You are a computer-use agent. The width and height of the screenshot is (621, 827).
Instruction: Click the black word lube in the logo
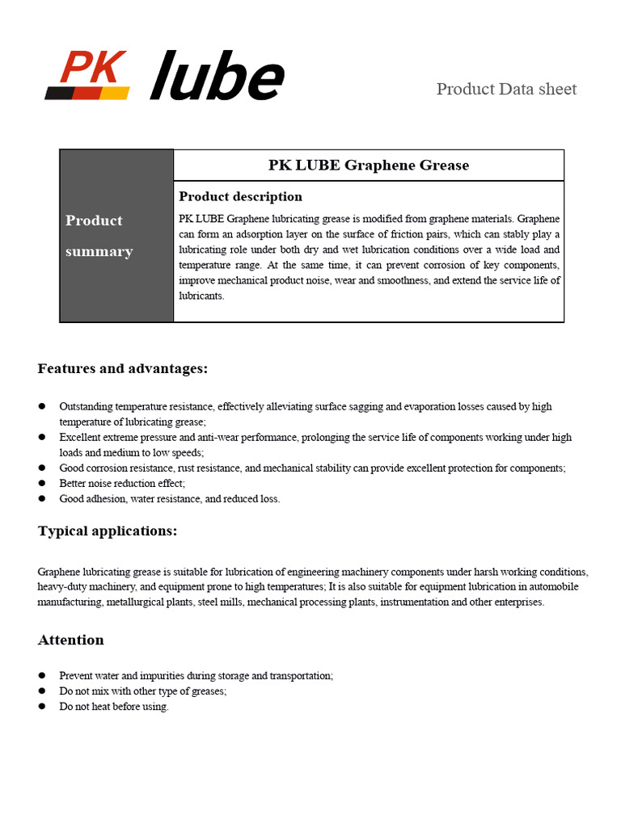tap(217, 77)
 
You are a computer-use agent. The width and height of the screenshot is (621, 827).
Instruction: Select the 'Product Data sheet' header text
tap(506, 89)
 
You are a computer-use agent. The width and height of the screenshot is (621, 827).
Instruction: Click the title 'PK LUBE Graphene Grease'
tap(368, 166)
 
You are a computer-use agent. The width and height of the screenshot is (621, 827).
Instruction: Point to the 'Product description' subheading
tap(240, 196)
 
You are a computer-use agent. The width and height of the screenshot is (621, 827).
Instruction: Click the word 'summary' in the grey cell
tap(99, 251)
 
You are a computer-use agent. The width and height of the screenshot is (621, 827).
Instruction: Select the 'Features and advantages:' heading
tap(123, 369)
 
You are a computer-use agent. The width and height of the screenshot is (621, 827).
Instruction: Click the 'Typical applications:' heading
tap(108, 531)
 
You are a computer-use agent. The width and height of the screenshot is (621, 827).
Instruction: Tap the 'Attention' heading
tap(71, 640)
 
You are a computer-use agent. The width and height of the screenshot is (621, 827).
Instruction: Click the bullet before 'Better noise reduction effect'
tap(42, 483)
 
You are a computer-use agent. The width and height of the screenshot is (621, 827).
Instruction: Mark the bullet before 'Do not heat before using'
tap(42, 707)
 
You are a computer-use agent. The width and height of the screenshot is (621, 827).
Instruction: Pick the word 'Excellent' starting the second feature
tap(80, 437)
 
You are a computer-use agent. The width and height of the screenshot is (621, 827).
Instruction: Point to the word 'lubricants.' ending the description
tap(201, 296)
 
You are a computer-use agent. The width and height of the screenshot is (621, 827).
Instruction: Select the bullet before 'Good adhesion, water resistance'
tap(42, 498)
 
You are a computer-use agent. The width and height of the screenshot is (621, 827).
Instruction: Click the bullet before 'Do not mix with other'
tap(42, 691)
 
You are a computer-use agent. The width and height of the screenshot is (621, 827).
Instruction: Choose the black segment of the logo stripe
tap(58, 93)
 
